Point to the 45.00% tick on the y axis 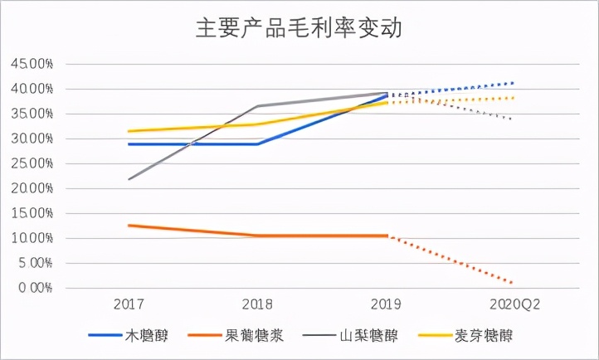coord(31,64)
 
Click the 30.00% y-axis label coord(31,139)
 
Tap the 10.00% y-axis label coord(31,238)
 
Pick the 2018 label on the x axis coord(258,304)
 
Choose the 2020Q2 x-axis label coord(514,304)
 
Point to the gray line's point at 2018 coord(258,106)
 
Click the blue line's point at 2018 coord(258,144)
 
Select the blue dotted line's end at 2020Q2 coord(514,83)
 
